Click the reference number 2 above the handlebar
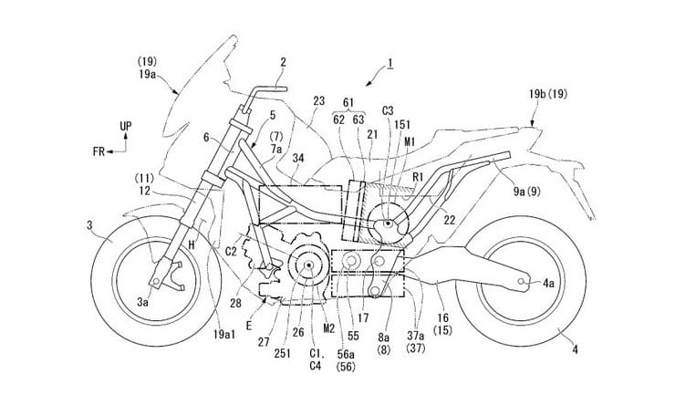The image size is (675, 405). point(257,63)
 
